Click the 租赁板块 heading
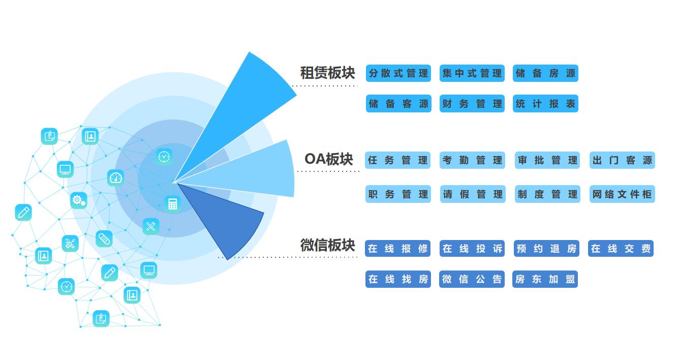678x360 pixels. tap(327, 73)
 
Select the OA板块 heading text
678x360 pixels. tap(328, 159)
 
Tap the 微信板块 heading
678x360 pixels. tap(327, 245)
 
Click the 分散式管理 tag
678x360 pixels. tap(398, 73)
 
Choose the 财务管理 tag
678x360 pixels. tap(472, 104)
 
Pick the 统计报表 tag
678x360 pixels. tap(545, 104)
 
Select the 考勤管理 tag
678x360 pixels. tap(472, 160)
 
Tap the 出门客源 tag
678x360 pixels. tap(622, 160)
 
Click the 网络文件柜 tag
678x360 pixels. tap(622, 194)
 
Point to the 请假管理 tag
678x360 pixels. tap(473, 194)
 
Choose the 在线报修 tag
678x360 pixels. tap(398, 249)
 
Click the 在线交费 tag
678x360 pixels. tap(621, 249)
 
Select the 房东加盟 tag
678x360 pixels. tap(545, 279)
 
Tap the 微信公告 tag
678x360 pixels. tap(472, 279)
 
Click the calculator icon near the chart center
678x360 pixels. tap(173, 204)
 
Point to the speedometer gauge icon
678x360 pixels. tap(116, 178)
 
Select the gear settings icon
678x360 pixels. tap(79, 200)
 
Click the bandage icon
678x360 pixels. tap(104, 238)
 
